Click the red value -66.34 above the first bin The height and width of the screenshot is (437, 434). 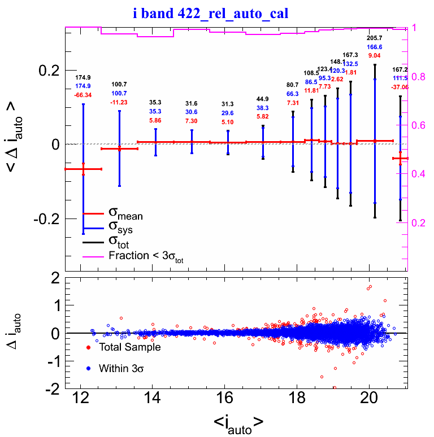click(83, 95)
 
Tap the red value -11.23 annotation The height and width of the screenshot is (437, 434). click(119, 102)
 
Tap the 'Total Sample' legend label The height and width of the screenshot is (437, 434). click(129, 347)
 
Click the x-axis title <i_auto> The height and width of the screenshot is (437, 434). click(238, 422)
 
